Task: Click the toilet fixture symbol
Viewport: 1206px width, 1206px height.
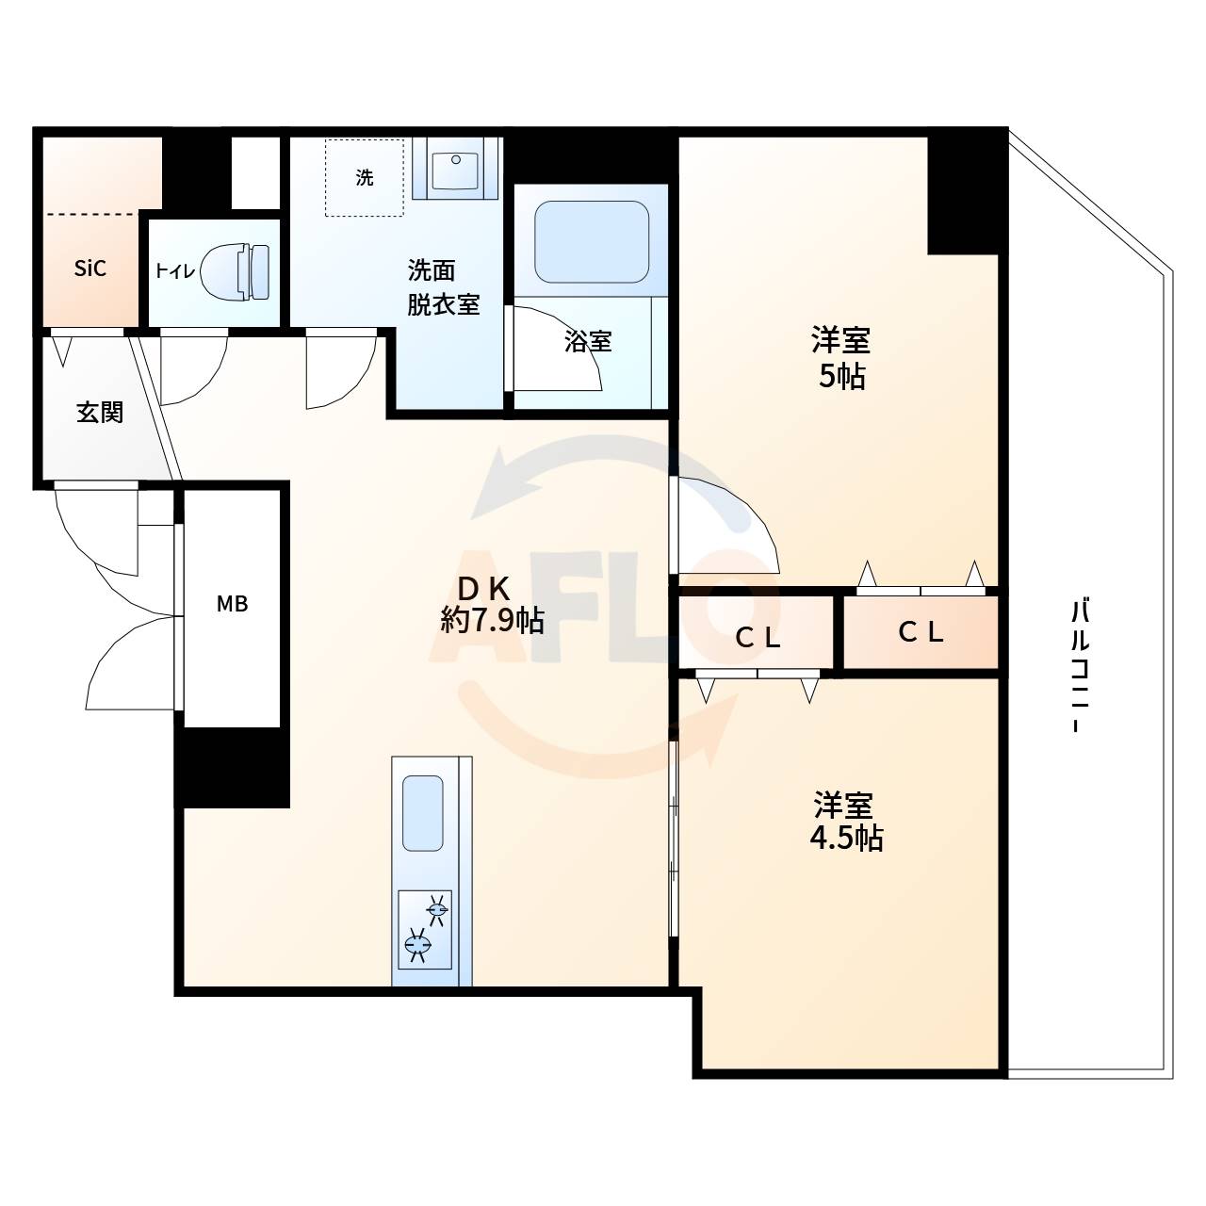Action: [236, 271]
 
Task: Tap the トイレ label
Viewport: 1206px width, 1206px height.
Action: [175, 271]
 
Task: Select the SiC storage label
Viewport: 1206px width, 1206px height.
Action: [90, 269]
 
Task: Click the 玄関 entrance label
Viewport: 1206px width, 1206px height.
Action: [100, 413]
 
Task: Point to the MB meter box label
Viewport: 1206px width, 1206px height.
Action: [232, 604]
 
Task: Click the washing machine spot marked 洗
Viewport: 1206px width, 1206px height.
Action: [365, 177]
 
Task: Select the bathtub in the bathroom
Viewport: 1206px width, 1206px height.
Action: [592, 242]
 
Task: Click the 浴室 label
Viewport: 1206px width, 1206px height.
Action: [588, 341]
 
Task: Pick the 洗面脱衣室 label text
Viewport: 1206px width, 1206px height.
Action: [443, 287]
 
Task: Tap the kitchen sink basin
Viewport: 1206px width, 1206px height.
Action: [423, 812]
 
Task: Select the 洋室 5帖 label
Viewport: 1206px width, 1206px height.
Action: [840, 357]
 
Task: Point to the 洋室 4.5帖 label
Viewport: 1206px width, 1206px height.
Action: [845, 822]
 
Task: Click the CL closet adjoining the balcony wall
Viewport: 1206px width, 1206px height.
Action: [921, 632]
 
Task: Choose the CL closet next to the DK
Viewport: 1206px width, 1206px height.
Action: [758, 638]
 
